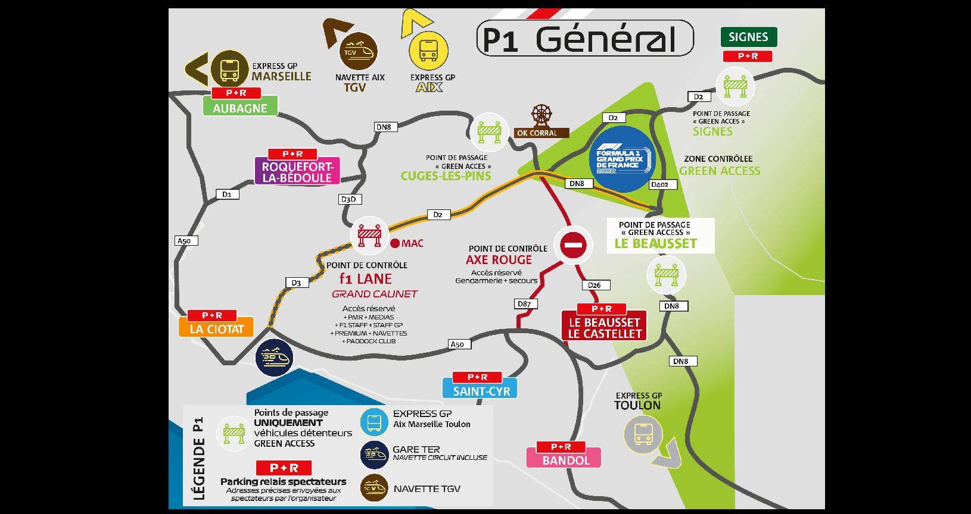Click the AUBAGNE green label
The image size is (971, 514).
(239, 108)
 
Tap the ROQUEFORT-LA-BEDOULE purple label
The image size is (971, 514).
(297, 171)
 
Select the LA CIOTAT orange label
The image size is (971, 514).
(217, 328)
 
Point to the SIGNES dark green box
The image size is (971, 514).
(748, 37)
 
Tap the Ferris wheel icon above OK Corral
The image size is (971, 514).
(541, 115)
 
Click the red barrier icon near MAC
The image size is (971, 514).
(369, 236)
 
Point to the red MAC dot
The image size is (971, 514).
(395, 243)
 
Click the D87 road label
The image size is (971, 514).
(524, 304)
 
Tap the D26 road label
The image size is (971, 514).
(594, 285)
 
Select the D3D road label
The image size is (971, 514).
(349, 199)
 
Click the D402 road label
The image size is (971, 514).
(659, 184)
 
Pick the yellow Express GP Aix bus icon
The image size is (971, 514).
(428, 51)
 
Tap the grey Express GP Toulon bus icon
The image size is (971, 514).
(643, 433)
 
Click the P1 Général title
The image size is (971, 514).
(585, 39)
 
